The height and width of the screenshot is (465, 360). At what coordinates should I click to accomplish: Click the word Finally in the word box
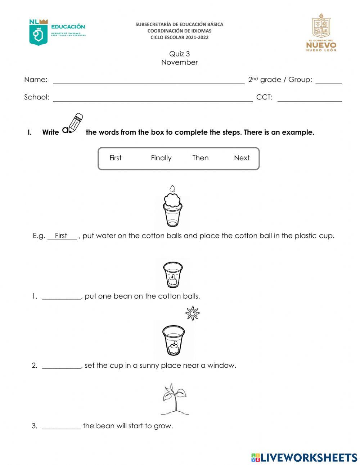click(161, 158)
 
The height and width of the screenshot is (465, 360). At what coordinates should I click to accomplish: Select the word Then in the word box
click(200, 158)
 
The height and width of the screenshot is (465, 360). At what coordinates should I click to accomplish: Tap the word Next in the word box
click(242, 158)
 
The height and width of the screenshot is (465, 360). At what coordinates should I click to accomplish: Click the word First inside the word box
click(115, 158)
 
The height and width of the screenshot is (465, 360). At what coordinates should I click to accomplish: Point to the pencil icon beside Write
click(73, 124)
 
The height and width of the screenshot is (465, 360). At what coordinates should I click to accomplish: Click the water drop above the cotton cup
click(172, 189)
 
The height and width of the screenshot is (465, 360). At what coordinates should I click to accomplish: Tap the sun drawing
click(193, 313)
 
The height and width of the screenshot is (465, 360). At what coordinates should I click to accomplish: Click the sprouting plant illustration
click(174, 399)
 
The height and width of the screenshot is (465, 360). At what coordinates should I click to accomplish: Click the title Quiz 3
click(179, 54)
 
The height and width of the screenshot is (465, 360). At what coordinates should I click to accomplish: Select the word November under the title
click(179, 62)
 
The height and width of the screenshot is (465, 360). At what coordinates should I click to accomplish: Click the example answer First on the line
click(61, 236)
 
